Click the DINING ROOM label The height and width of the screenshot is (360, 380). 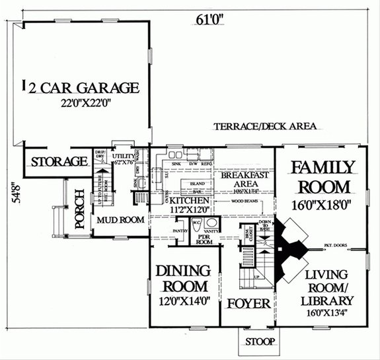(182, 278)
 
